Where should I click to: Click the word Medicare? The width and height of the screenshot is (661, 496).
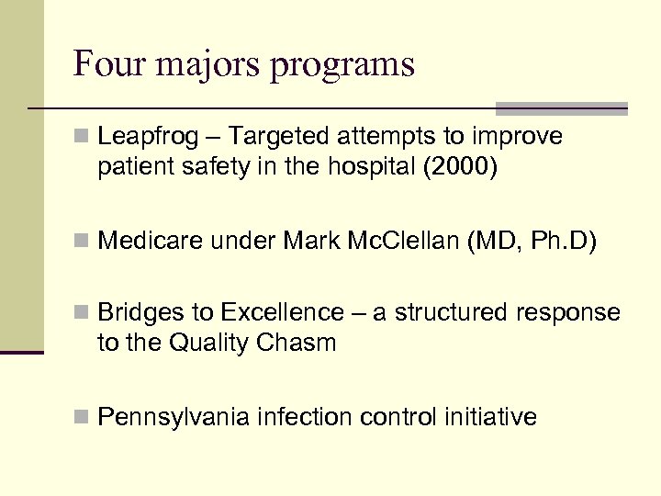pos(151,242)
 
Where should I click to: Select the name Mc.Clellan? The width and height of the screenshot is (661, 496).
pos(413,242)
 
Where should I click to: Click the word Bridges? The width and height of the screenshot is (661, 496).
pos(141,313)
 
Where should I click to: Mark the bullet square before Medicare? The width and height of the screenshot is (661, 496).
pos(82,242)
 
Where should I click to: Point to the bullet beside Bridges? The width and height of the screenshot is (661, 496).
pos(82,313)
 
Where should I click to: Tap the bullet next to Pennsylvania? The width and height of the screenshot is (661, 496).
pos(82,417)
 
